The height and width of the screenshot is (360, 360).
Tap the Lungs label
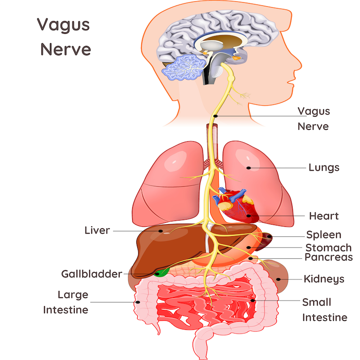pyautogui.click(x=324, y=168)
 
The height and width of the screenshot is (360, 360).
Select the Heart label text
pyautogui.click(x=324, y=216)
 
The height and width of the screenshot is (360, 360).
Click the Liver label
pyautogui.click(x=97, y=231)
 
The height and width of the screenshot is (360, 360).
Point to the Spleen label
pyautogui.click(x=324, y=235)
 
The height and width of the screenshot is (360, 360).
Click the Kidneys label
pyautogui.click(x=324, y=279)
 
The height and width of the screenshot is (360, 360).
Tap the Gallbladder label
pyautogui.click(x=92, y=274)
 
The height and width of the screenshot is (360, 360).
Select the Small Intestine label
pyautogui.click(x=324, y=310)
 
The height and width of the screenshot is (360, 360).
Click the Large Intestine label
pyautogui.click(x=66, y=302)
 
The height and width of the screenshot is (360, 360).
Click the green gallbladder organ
pyautogui.click(x=162, y=272)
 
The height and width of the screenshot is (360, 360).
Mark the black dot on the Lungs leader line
pyautogui.click(x=248, y=168)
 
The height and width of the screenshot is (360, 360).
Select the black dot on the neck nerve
pyautogui.click(x=216, y=116)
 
